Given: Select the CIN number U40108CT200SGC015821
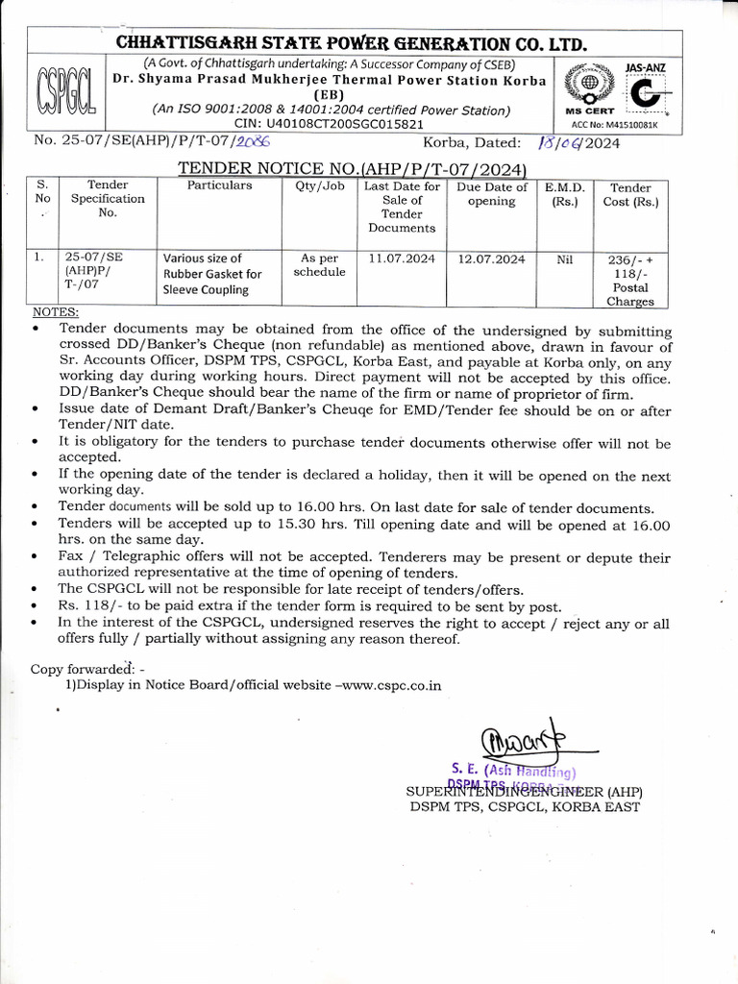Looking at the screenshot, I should [x=329, y=124].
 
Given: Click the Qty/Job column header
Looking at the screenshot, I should [x=319, y=185].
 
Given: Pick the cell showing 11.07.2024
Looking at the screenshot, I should [x=402, y=258].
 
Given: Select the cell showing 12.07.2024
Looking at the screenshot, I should [x=491, y=258].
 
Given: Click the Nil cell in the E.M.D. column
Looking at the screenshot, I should [x=564, y=258].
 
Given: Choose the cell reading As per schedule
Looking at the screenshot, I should [x=319, y=265].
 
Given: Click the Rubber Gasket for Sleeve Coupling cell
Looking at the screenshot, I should [x=212, y=274].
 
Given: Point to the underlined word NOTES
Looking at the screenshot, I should [x=56, y=312].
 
